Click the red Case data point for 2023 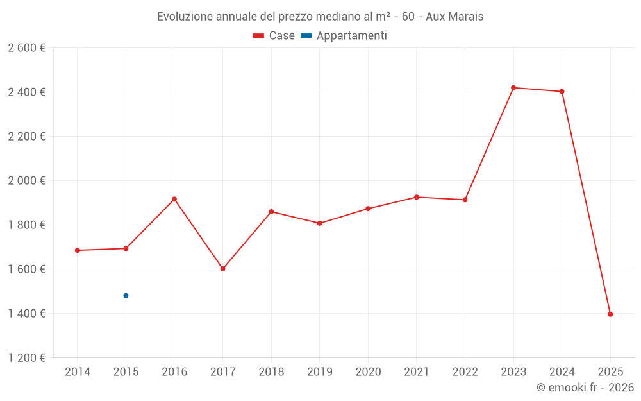[x=513, y=88]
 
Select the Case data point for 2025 [x=610, y=314]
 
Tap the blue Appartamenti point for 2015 [x=126, y=296]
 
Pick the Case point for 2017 [x=222, y=269]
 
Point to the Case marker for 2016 [x=174, y=199]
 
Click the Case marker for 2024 [x=562, y=92]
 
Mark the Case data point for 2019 [x=320, y=223]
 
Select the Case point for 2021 [x=417, y=197]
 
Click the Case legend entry [x=274, y=36]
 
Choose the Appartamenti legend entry [x=344, y=36]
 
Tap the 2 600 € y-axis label [x=26, y=48]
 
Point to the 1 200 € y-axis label [x=26, y=358]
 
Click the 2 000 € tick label [x=26, y=181]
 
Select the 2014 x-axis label [x=78, y=372]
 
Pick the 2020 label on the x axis [x=368, y=372]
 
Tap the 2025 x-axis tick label [x=610, y=372]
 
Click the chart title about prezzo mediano [x=320, y=17]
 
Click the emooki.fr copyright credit [x=585, y=388]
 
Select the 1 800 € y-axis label [x=26, y=225]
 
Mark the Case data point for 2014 [x=78, y=250]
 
